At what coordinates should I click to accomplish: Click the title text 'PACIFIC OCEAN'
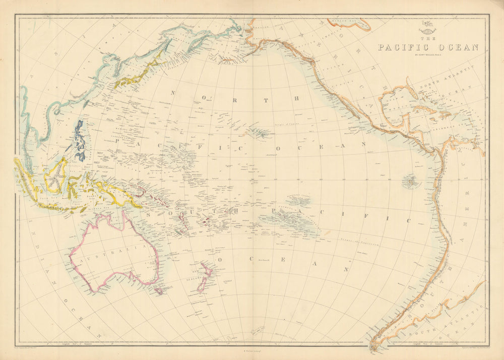(x=428, y=48)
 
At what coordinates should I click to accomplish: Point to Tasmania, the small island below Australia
(x=159, y=291)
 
